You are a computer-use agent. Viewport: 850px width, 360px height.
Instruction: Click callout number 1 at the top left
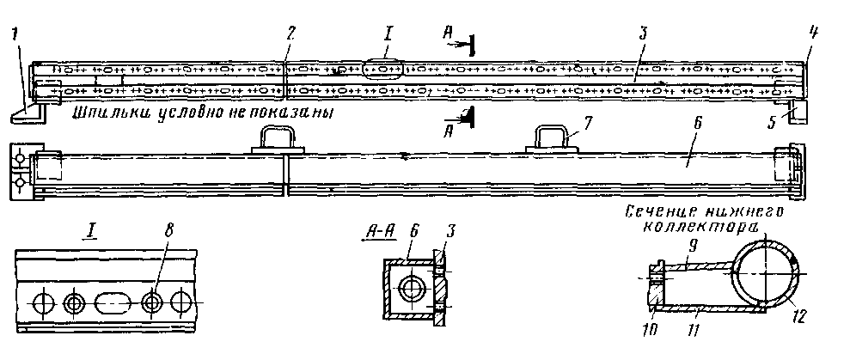(15, 37)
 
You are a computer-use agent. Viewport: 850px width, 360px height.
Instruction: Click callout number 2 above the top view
(291, 34)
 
